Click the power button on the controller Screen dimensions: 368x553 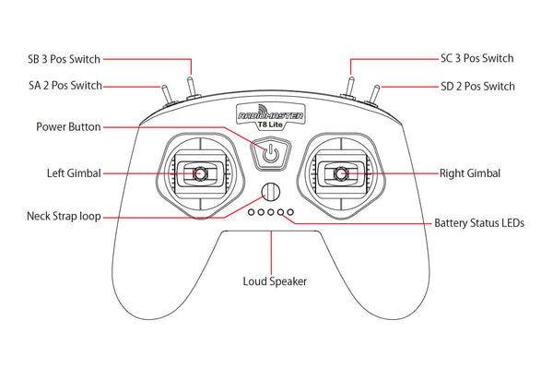(269, 153)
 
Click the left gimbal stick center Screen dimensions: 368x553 (199, 172)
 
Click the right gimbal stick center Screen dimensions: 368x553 (340, 172)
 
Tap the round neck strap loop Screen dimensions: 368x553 (269, 192)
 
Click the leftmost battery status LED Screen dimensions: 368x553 (250, 212)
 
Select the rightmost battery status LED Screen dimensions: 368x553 (289, 212)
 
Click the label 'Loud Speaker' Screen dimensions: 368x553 (274, 281)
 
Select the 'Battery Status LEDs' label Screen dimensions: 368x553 (481, 223)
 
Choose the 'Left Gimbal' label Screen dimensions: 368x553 (74, 172)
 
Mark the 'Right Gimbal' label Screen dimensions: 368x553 (470, 172)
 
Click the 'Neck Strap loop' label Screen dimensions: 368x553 (65, 217)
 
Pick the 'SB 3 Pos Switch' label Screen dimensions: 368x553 (64, 58)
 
